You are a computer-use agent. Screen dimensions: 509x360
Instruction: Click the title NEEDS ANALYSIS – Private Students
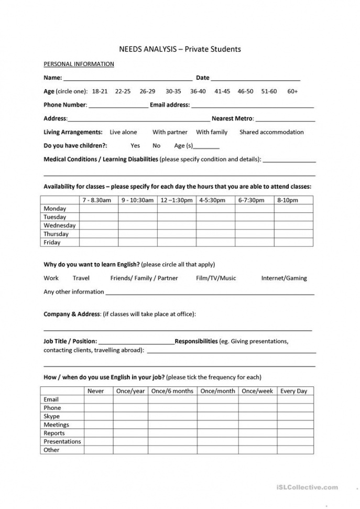click(x=180, y=49)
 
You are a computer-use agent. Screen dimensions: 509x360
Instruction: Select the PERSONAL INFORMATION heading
click(x=79, y=64)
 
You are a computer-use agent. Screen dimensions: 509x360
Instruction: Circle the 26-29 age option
click(x=147, y=91)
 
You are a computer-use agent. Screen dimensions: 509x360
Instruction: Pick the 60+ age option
click(x=292, y=91)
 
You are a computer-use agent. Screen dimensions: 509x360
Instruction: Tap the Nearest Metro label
click(x=232, y=118)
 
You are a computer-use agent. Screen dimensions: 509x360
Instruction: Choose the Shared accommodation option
click(x=271, y=132)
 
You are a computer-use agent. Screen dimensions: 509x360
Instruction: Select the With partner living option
click(x=170, y=132)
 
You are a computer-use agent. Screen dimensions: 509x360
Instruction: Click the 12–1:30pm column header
click(x=177, y=200)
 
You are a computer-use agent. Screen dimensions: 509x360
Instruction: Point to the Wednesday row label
click(x=59, y=225)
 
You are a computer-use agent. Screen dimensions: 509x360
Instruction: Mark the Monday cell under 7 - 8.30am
click(x=98, y=209)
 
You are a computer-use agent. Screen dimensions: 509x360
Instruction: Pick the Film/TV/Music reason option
click(x=216, y=278)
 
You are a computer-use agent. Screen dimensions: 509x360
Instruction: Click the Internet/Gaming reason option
click(x=284, y=278)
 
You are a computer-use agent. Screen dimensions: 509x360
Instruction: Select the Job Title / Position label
click(x=70, y=341)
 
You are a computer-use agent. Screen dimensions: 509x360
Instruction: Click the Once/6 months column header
click(x=172, y=391)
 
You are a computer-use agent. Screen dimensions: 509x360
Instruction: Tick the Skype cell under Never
click(x=99, y=416)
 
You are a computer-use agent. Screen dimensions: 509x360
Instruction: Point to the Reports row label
click(x=54, y=433)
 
